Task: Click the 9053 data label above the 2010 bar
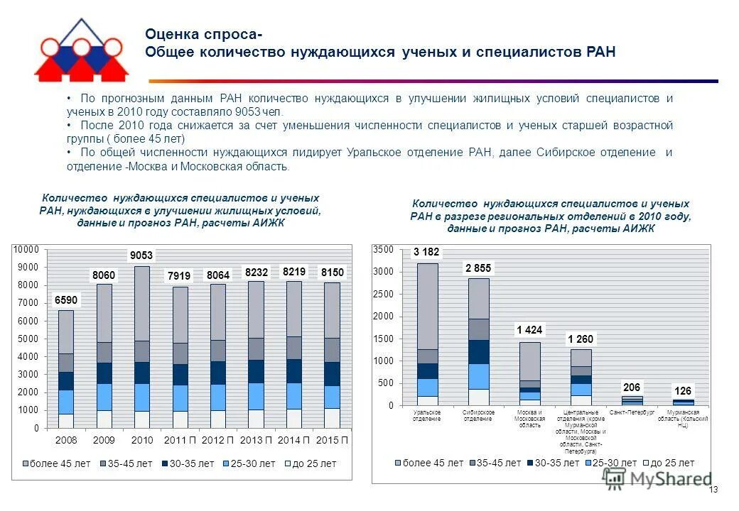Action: point(141,255)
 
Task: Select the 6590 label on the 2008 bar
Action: point(65,300)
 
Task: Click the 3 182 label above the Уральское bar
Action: point(426,252)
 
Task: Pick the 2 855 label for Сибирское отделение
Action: point(478,268)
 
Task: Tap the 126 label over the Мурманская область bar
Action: point(683,390)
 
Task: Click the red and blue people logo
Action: point(80,50)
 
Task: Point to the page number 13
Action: point(714,490)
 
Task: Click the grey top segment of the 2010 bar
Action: point(141,304)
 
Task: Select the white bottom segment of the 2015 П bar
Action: point(333,418)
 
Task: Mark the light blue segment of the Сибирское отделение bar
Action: point(478,376)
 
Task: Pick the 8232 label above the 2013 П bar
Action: point(257,271)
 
